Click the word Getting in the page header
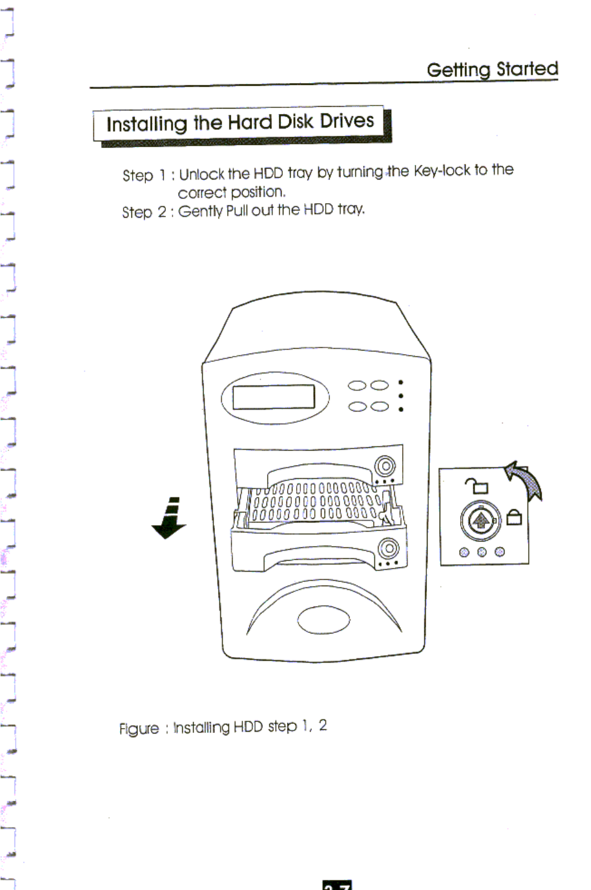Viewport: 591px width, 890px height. (458, 70)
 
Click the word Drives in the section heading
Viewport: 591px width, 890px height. (347, 121)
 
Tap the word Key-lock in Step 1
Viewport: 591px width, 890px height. (441, 171)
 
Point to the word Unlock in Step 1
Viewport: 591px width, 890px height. (202, 174)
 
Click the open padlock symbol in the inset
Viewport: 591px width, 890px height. (477, 485)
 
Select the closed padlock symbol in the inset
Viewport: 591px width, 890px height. (514, 517)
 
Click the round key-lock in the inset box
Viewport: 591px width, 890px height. (480, 520)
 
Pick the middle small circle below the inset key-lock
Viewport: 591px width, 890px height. (482, 552)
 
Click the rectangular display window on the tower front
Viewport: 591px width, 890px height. (274, 397)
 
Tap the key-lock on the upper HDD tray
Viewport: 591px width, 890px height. (385, 466)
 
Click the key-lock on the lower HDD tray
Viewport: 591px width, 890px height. (388, 549)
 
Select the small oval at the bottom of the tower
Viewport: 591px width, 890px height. (324, 620)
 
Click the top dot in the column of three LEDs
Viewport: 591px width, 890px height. (401, 383)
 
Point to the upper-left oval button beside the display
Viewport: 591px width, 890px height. (357, 386)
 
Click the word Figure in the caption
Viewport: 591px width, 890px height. (139, 728)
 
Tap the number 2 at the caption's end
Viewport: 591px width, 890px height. (323, 725)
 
